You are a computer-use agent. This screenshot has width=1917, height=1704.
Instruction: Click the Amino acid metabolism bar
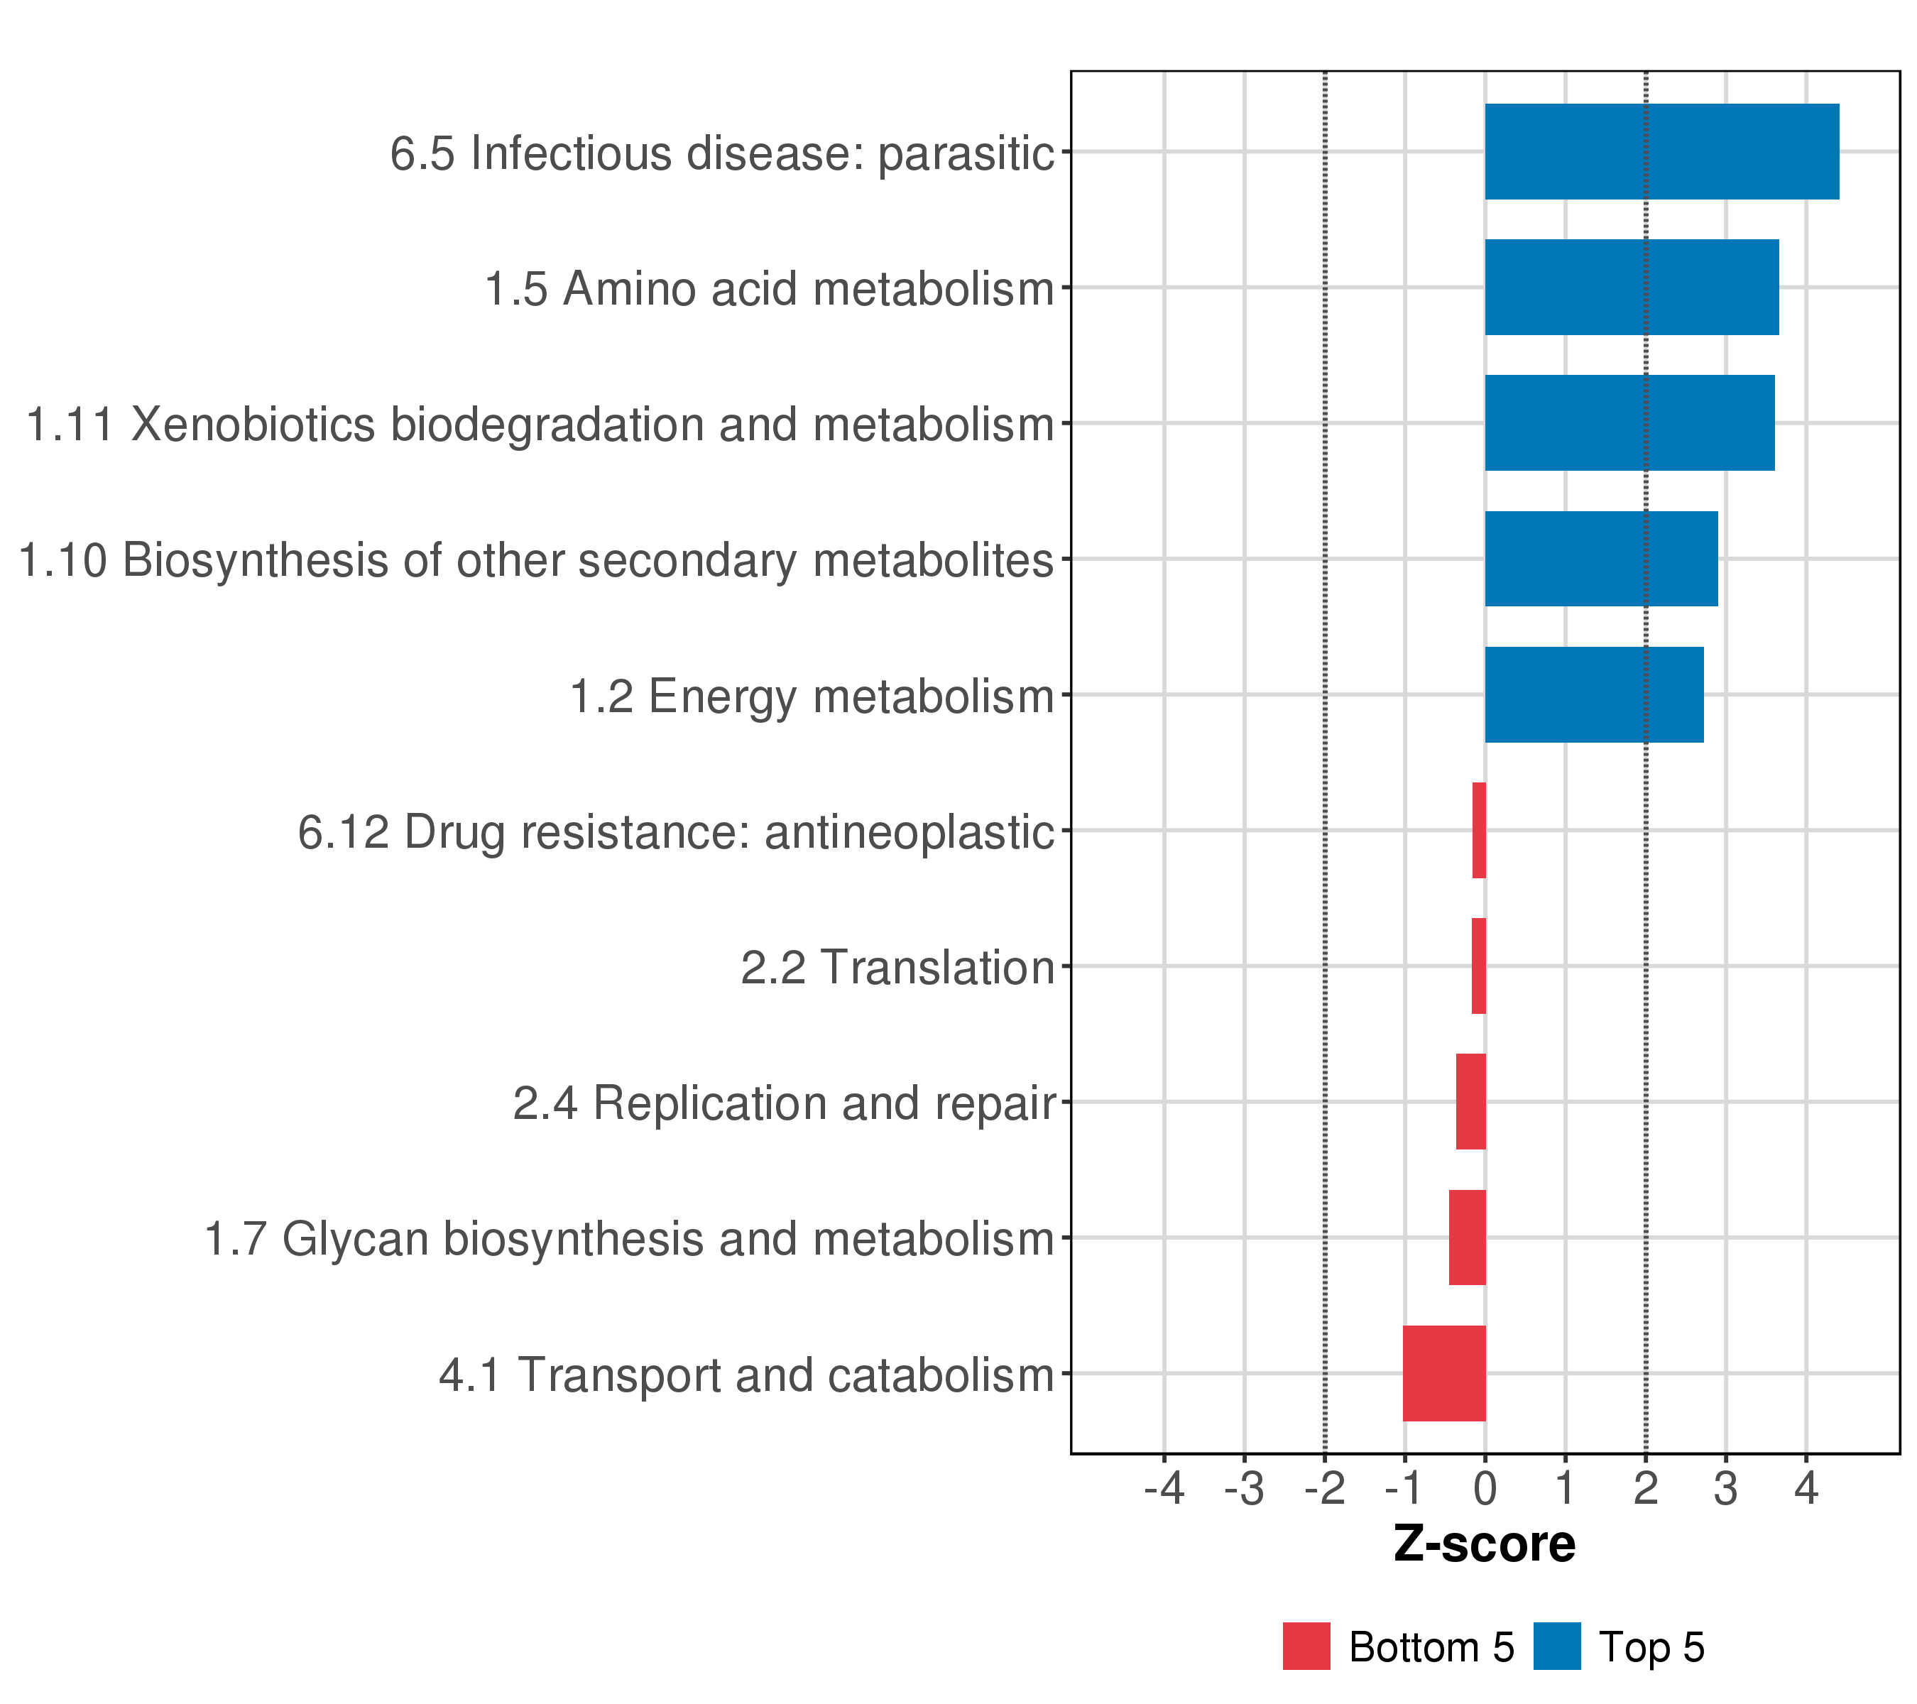click(1631, 287)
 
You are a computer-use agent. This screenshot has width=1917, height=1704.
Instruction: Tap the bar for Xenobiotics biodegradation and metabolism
click(1629, 423)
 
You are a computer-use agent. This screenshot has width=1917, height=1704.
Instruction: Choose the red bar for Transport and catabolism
click(1443, 1373)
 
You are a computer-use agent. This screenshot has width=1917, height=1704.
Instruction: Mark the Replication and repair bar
click(1470, 1101)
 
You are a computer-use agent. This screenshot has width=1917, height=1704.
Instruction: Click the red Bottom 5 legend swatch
click(1306, 1646)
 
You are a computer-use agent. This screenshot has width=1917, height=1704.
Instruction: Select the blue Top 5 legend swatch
click(1557, 1646)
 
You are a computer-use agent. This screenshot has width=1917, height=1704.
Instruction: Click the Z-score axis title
click(1484, 1544)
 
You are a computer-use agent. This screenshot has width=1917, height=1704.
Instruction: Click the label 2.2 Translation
click(897, 967)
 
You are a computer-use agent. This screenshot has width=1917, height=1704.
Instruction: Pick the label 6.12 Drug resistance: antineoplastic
click(676, 832)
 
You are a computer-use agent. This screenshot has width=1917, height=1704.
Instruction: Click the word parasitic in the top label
click(966, 153)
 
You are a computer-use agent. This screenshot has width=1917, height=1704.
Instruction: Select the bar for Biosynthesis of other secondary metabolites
click(1601, 559)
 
